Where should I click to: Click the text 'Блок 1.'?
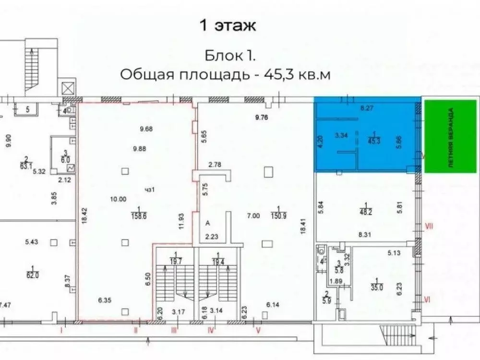coord(230,56)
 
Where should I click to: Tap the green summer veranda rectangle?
coord(452,136)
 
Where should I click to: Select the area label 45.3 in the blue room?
coord(372,139)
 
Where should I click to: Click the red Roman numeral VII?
coord(429,225)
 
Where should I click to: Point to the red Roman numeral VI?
coord(426,299)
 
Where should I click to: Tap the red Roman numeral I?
coord(61,331)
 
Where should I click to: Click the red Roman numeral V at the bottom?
coord(258,331)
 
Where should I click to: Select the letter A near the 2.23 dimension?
coord(208,223)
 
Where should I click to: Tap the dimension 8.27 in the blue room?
coord(366,108)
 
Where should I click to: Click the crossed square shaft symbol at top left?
coord(67,88)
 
